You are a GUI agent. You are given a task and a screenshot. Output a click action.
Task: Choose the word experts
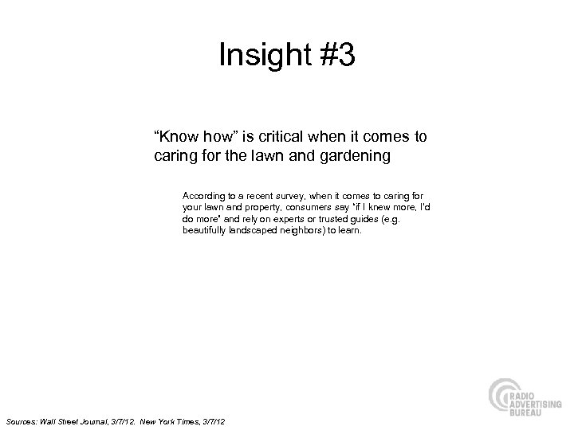point(283,218)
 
